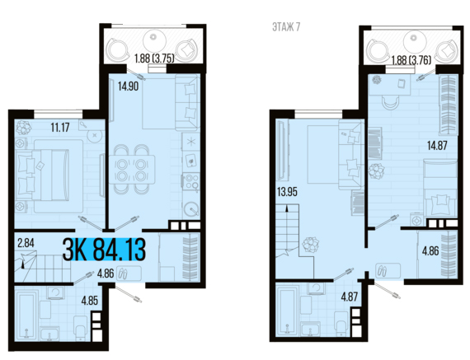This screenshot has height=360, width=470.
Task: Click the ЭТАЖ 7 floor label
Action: point(286,27)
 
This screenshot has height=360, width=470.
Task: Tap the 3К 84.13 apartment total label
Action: point(104,250)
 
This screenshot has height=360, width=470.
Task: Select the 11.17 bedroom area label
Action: point(60,128)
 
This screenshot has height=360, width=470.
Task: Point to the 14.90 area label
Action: point(128,86)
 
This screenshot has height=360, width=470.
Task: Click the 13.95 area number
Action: point(287,192)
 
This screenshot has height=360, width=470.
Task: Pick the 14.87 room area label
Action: point(437,146)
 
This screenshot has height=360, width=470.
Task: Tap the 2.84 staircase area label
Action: point(26,243)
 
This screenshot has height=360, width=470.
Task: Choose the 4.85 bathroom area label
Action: point(90,301)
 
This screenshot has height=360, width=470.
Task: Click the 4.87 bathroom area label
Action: point(350,297)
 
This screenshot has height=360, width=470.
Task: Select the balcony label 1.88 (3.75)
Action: point(154,58)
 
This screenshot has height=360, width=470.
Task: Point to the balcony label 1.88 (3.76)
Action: point(411,60)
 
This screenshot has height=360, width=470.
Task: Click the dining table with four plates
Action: point(132,169)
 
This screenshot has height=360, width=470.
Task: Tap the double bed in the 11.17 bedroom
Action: point(49,175)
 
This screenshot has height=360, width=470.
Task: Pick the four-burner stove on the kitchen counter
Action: point(191,181)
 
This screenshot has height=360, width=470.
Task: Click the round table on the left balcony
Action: point(154,40)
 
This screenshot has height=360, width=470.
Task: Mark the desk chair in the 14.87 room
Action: point(390,103)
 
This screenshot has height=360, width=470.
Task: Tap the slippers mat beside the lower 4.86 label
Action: point(129,273)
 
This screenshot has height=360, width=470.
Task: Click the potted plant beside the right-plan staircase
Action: point(310,245)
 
